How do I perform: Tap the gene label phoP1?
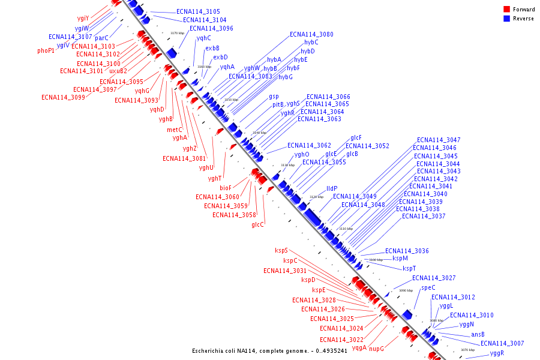(x=46, y=51)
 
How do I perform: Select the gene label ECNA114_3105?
(x=198, y=12)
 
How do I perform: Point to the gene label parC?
(x=102, y=38)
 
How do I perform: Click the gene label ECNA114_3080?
(x=311, y=35)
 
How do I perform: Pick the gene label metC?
(x=175, y=130)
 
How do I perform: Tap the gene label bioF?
(x=225, y=188)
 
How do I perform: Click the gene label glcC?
(x=257, y=225)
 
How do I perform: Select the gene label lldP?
(x=332, y=188)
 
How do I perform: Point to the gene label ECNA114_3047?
(x=439, y=140)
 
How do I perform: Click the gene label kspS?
(x=281, y=251)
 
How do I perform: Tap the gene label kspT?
(x=409, y=269)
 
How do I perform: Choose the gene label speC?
(x=428, y=288)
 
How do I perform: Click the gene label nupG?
(x=376, y=349)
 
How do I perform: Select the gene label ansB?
(x=478, y=335)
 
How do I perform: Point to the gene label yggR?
(x=497, y=353)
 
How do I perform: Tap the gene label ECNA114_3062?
(x=309, y=146)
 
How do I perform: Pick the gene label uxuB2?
(x=118, y=71)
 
